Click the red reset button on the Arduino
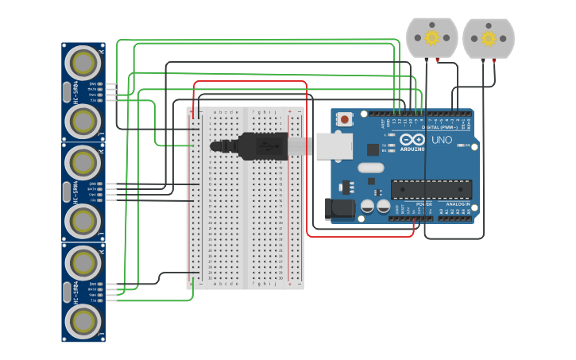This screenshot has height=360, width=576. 345,120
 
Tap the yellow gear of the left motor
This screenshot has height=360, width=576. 432,38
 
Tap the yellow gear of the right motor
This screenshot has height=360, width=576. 489,38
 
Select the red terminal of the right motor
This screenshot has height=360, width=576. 494,60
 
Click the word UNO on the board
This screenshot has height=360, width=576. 442,141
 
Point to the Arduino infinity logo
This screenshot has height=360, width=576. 412,141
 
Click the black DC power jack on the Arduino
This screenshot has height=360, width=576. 339,209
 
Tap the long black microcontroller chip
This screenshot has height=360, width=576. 431,190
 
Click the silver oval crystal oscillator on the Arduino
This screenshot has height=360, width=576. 370,168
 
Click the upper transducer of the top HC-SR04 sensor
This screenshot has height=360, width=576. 83,61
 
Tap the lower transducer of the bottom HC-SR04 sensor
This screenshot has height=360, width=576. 83,321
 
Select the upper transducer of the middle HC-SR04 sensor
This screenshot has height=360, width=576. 83,162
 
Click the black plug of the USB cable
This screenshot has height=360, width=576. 261,146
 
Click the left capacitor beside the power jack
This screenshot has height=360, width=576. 368,206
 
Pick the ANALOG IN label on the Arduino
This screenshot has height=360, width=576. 456,204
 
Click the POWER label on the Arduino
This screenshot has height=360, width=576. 423,204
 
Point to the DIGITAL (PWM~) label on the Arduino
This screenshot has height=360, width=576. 439,127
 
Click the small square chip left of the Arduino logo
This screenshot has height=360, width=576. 373,149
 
